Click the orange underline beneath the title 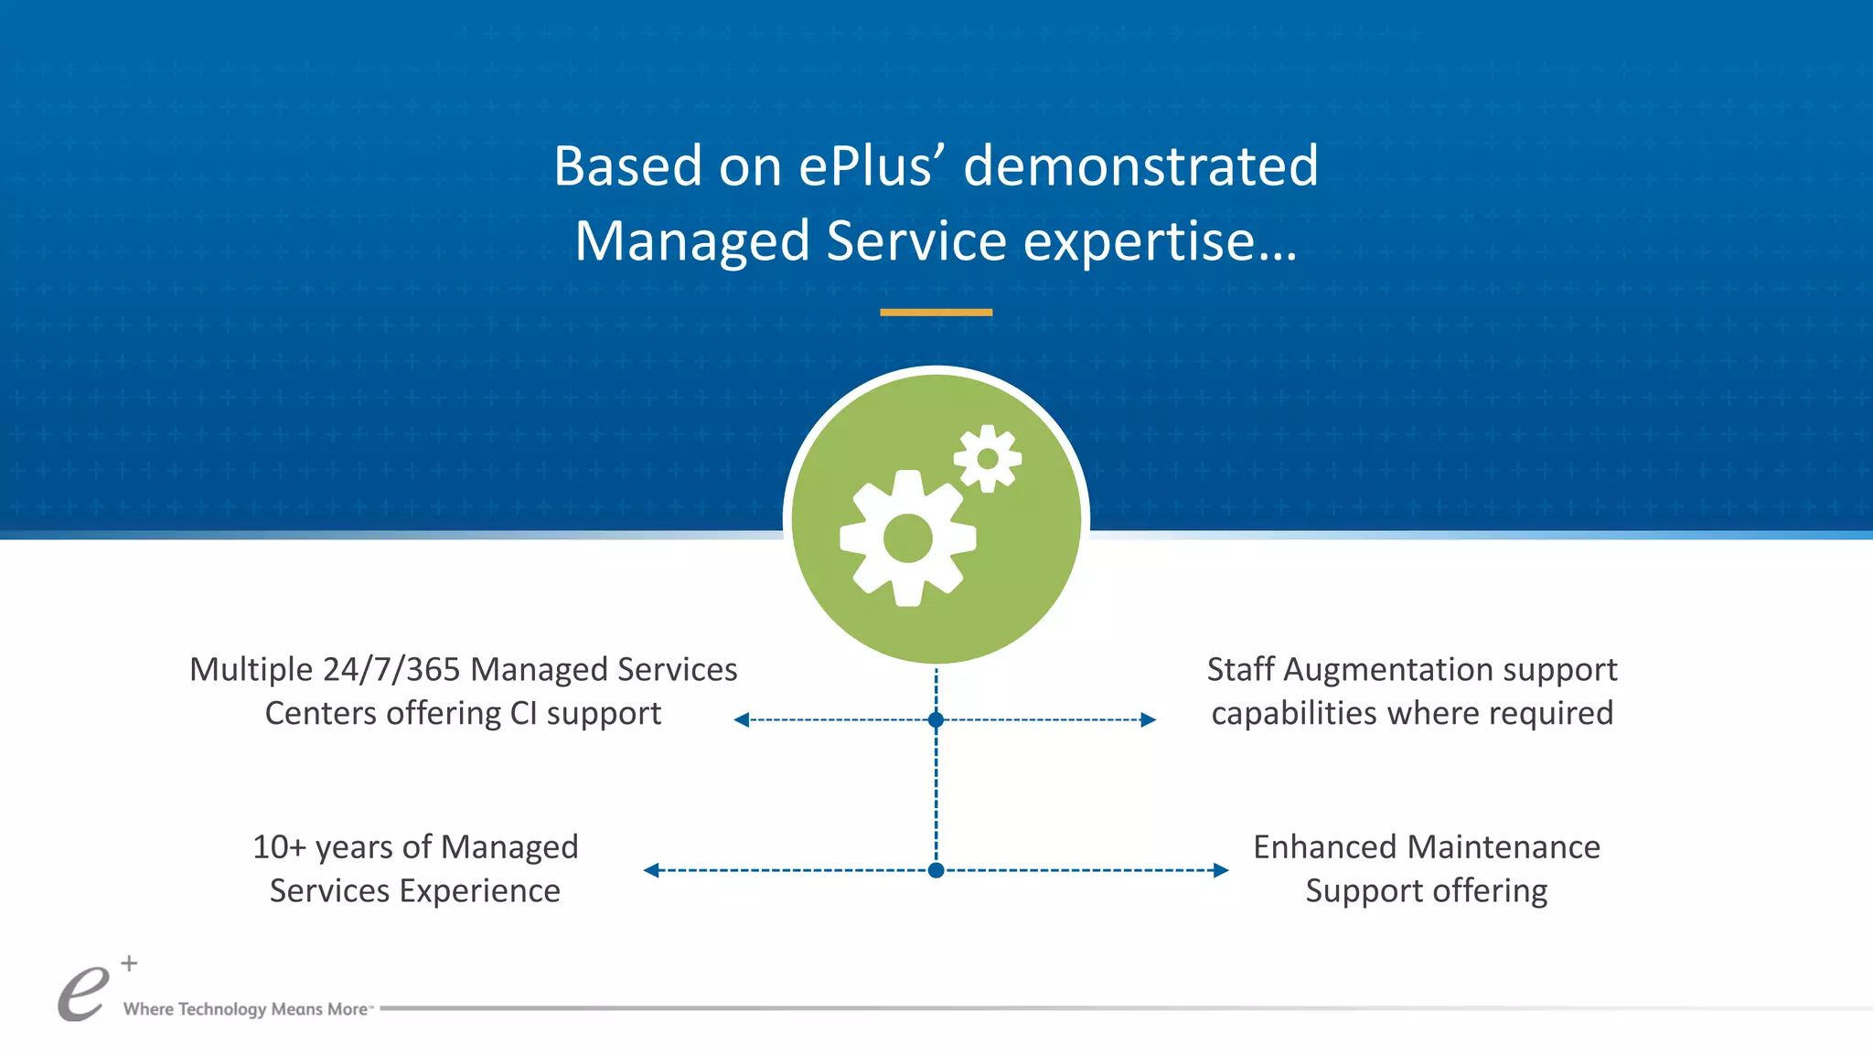tap(936, 313)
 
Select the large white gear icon tap(907, 537)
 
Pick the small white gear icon tap(987, 459)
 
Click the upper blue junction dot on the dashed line tap(936, 720)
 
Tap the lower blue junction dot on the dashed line tap(936, 870)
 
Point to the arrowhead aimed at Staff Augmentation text tap(1149, 720)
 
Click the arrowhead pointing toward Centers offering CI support tap(742, 720)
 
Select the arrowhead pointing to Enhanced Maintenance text tap(1221, 870)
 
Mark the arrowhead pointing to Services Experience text tap(651, 870)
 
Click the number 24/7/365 tap(391, 670)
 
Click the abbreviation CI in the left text tap(523, 714)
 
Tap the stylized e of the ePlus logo tap(82, 994)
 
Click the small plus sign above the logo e tap(130, 963)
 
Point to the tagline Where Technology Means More tap(245, 1009)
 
